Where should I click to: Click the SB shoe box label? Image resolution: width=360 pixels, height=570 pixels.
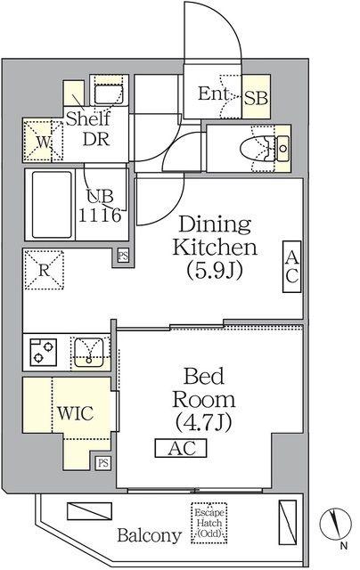256,97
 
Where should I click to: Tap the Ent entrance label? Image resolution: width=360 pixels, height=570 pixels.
213,94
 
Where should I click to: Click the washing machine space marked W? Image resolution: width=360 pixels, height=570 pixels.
44,141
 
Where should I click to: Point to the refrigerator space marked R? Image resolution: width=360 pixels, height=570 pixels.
44,269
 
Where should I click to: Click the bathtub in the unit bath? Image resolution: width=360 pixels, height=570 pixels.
52,204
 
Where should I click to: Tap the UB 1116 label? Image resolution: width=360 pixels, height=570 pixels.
100,206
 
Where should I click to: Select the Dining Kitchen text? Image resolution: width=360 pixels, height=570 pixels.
215,235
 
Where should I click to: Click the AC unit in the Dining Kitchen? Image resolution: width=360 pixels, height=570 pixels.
292,267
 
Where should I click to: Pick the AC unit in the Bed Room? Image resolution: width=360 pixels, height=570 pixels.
181,448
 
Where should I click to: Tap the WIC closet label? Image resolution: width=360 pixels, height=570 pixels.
76,413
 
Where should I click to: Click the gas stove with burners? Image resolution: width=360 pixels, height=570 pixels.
44,352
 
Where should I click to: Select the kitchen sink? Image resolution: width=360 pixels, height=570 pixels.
89,353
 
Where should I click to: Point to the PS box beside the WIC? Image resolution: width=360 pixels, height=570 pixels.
103,463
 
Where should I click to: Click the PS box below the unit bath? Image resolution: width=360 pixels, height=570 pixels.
123,256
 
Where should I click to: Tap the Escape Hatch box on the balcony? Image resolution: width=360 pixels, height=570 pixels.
209,524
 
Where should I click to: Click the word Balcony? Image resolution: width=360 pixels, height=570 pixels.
149,536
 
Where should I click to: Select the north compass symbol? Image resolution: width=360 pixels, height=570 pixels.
335,524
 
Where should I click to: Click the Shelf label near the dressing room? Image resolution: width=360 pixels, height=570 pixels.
87,118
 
